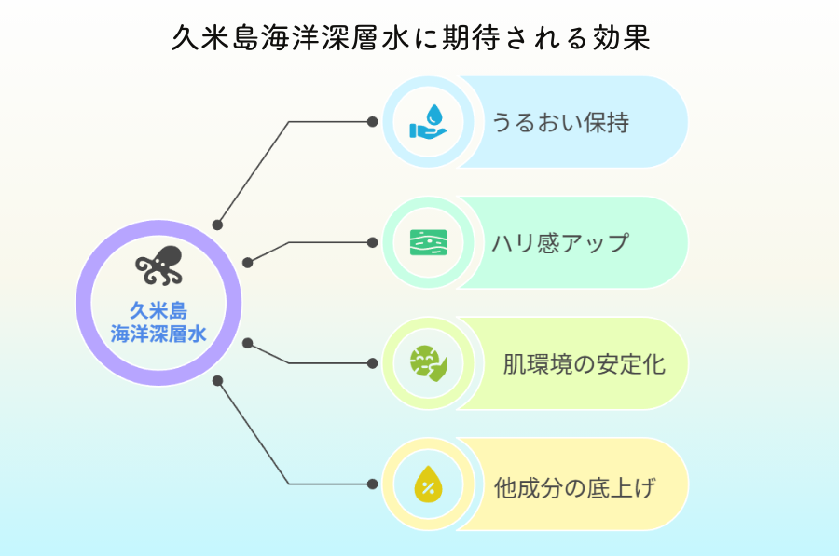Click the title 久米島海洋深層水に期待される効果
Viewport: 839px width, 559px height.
coord(410,37)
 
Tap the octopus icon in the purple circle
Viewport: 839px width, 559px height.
coord(158,266)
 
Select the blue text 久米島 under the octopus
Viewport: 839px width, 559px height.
coord(158,310)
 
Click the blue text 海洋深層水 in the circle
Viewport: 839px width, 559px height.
coord(158,334)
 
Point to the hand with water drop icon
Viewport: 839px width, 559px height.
coord(428,121)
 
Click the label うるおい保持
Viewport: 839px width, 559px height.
coord(560,122)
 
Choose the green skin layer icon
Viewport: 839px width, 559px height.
coord(428,242)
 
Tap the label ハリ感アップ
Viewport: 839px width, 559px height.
coord(560,243)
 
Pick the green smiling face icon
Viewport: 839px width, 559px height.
coord(428,363)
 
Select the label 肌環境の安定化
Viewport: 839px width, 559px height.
coord(584,364)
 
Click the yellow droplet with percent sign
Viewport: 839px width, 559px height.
coord(428,484)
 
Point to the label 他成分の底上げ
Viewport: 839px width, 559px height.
coord(574,487)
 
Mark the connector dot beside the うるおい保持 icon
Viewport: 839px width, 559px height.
coord(372,122)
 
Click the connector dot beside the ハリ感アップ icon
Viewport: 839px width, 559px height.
coord(372,242)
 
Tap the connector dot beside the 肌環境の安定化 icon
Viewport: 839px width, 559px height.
coord(372,363)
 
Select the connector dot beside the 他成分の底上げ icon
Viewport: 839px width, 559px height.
coord(372,484)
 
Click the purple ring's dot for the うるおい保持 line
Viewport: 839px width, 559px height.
coord(217,225)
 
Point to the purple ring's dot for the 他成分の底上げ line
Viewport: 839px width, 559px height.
coord(217,381)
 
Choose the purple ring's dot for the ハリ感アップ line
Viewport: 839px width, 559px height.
coord(247,263)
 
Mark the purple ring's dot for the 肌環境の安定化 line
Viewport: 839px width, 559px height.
coord(247,343)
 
